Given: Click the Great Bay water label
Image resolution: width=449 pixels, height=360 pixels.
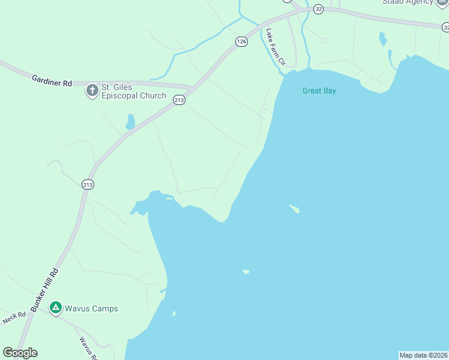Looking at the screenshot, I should pos(319,91).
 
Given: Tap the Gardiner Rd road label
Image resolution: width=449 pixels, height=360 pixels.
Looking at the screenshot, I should pos(52,80).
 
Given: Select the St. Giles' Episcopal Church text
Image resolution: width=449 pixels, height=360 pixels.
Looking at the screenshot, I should pos(133,91).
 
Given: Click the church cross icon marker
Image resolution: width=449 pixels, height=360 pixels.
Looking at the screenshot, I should pos(92,91).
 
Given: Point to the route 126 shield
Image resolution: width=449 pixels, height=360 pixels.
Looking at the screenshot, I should pos(241,41).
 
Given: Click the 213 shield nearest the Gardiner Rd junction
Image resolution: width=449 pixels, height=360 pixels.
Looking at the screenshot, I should pos(179,100).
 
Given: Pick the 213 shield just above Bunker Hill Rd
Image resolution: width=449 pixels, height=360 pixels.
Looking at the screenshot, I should pos(88,185).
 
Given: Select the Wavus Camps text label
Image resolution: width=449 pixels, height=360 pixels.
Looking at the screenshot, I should pos(91,308).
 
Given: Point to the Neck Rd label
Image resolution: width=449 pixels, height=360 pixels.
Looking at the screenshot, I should pos(14,317).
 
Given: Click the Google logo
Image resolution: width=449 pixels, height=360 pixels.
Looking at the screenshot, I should pos(20,353).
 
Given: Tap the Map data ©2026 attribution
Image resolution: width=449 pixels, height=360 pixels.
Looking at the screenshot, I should pos(424,355).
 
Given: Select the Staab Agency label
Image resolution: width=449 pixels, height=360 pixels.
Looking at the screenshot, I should pos(408,2).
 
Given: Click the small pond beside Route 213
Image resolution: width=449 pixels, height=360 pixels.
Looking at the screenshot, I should pos(130,122).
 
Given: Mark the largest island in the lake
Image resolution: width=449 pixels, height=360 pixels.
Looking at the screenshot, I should pos(295,209).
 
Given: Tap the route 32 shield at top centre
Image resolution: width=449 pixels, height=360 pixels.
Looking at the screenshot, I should pos(318,9).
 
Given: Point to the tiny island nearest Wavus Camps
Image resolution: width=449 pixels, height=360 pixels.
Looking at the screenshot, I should pos(174,313).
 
